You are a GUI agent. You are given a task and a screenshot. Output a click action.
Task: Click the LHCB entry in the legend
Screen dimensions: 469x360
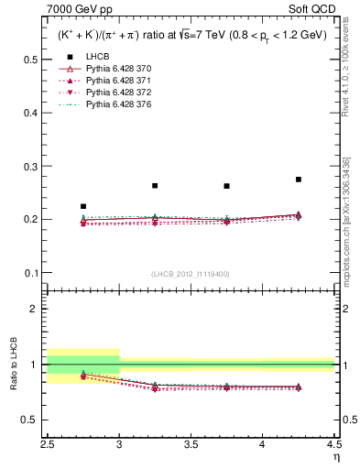98,82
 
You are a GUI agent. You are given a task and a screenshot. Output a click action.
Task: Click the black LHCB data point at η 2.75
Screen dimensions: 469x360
83,207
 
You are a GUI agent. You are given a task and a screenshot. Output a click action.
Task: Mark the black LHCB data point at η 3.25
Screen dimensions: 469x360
155,186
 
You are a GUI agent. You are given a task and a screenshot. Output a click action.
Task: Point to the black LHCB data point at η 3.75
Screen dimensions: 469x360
226,186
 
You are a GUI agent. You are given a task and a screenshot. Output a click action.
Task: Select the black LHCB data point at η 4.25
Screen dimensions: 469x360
298,180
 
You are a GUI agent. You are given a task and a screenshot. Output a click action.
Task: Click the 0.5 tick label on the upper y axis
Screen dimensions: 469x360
30,60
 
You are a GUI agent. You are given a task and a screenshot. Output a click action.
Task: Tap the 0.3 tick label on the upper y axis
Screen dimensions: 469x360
30,166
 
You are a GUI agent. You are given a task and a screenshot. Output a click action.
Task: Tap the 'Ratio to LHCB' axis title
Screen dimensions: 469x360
13,363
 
